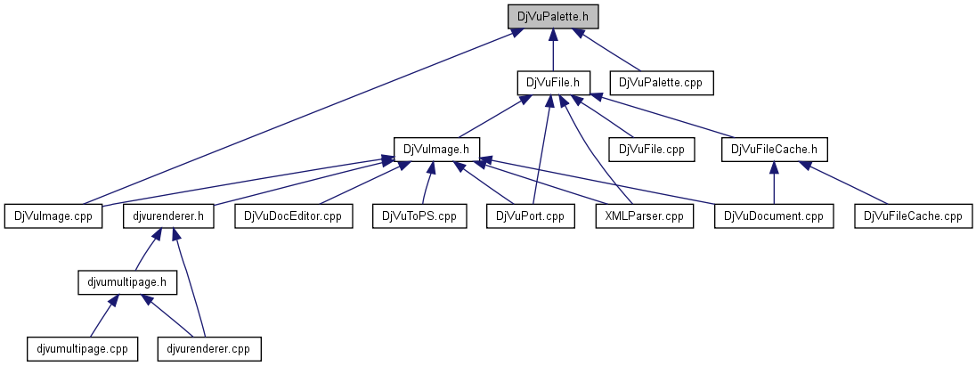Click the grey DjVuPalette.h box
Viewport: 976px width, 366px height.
coord(553,16)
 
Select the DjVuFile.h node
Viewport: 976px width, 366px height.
coord(553,83)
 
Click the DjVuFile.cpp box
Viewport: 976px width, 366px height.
coord(651,149)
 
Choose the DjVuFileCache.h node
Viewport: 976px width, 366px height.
coord(774,149)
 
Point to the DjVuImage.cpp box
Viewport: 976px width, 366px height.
coord(53,216)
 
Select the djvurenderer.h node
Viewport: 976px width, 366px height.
coord(168,216)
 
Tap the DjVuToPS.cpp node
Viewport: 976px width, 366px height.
coord(419,216)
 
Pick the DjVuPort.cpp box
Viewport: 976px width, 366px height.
coord(531,216)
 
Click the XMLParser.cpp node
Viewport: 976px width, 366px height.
coord(644,216)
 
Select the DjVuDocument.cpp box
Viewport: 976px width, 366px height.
coord(773,216)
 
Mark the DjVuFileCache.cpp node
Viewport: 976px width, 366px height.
coord(914,216)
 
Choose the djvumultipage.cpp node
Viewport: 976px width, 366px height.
coord(83,348)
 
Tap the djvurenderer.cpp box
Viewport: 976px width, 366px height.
coord(209,348)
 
